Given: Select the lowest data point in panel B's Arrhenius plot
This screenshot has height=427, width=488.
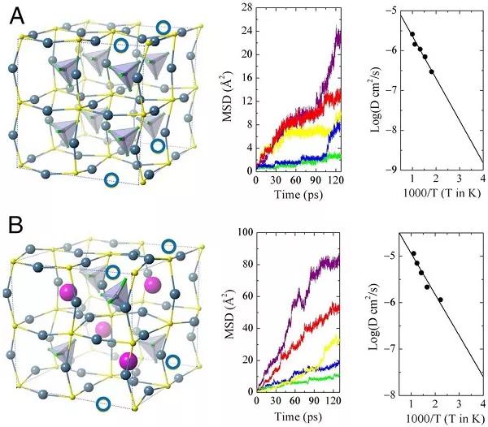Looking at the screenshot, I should pyautogui.click(x=441, y=299).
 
